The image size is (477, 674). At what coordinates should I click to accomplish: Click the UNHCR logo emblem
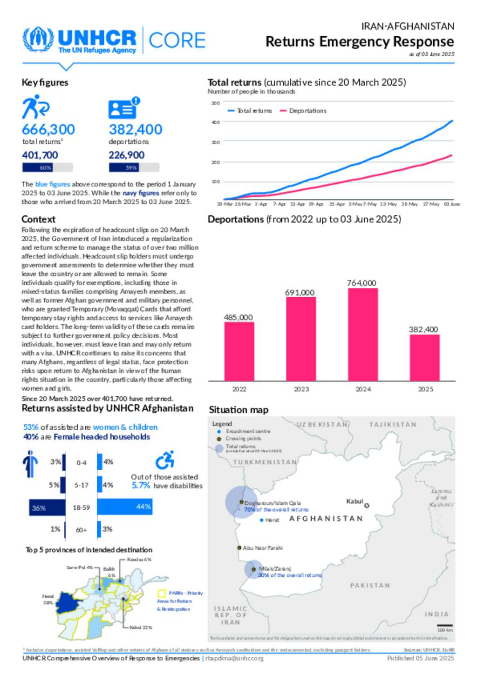(38, 40)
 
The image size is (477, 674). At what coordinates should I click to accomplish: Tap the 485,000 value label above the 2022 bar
(238, 317)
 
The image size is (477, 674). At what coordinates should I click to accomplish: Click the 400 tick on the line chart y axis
(216, 122)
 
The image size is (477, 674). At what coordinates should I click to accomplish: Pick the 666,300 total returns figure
(48, 129)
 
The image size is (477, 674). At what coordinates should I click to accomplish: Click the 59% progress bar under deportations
(134, 167)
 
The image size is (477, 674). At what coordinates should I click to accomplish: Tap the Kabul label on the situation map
(354, 501)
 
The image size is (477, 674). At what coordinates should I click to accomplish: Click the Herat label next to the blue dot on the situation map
(272, 520)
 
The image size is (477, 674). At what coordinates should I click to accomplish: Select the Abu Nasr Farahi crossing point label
(262, 548)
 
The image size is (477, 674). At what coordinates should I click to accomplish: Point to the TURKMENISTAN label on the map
(265, 462)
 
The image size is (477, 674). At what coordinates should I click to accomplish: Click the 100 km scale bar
(445, 626)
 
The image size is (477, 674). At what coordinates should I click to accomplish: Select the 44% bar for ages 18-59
(124, 507)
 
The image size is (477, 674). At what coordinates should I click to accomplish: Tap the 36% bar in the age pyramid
(47, 507)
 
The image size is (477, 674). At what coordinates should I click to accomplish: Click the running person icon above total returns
(35, 107)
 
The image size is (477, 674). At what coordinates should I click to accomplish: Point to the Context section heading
(38, 219)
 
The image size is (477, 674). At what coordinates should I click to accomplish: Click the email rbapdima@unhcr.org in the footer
(234, 658)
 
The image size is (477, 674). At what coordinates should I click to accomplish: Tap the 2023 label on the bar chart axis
(301, 389)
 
